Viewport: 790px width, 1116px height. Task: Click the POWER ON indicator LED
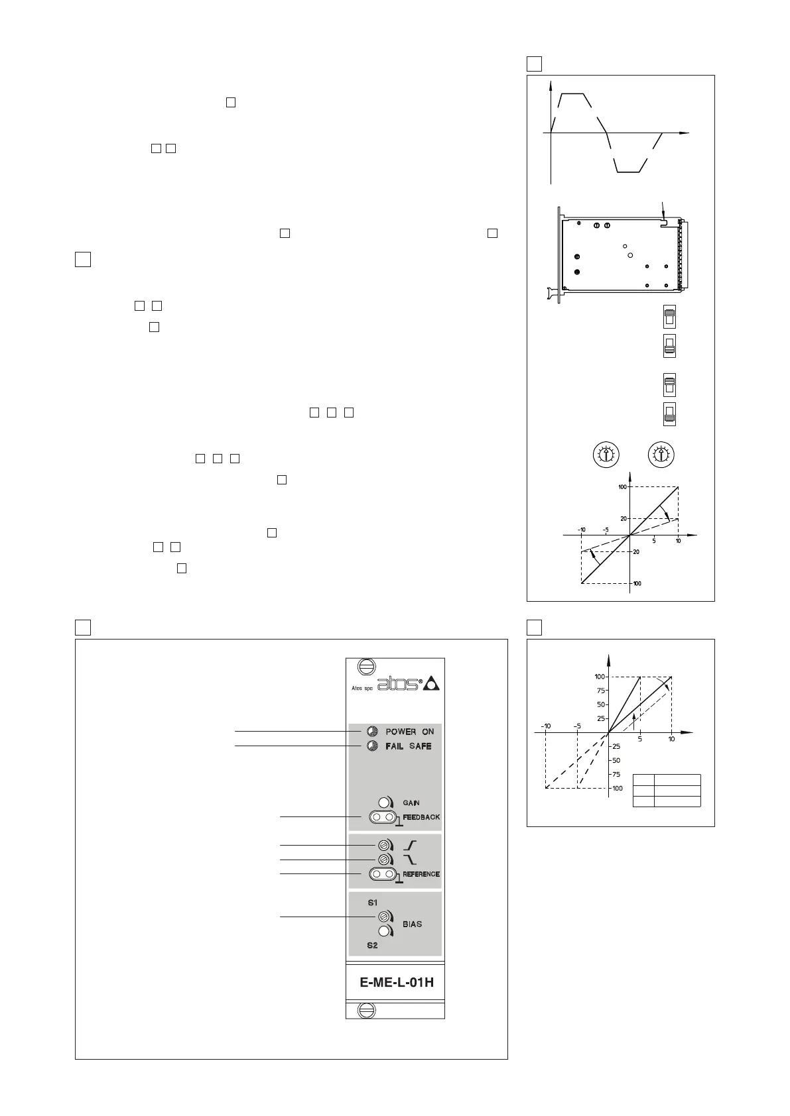[x=372, y=731]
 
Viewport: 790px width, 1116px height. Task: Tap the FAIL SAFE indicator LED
[x=372, y=746]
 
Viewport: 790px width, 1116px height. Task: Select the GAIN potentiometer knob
[x=383, y=803]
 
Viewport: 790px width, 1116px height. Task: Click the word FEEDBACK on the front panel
[x=421, y=817]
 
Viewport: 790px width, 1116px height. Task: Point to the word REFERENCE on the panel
[x=421, y=874]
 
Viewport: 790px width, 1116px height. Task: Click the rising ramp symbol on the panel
[x=411, y=846]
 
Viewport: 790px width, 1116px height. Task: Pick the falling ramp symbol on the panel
[x=411, y=860]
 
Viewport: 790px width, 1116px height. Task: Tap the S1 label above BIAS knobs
[x=372, y=903]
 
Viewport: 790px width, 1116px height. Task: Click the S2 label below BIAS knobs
[x=372, y=945]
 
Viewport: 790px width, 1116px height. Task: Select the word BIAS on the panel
[x=412, y=924]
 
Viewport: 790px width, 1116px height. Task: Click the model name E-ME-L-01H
[x=397, y=982]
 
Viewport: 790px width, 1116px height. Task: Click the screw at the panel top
[x=365, y=666]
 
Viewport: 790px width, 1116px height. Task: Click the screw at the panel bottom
[x=365, y=1011]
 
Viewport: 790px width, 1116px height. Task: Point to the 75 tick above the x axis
[x=601, y=691]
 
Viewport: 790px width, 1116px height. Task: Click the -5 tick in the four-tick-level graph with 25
[x=577, y=726]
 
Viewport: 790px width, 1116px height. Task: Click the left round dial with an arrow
[x=605, y=455]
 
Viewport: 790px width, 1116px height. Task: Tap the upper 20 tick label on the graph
[x=624, y=518]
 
